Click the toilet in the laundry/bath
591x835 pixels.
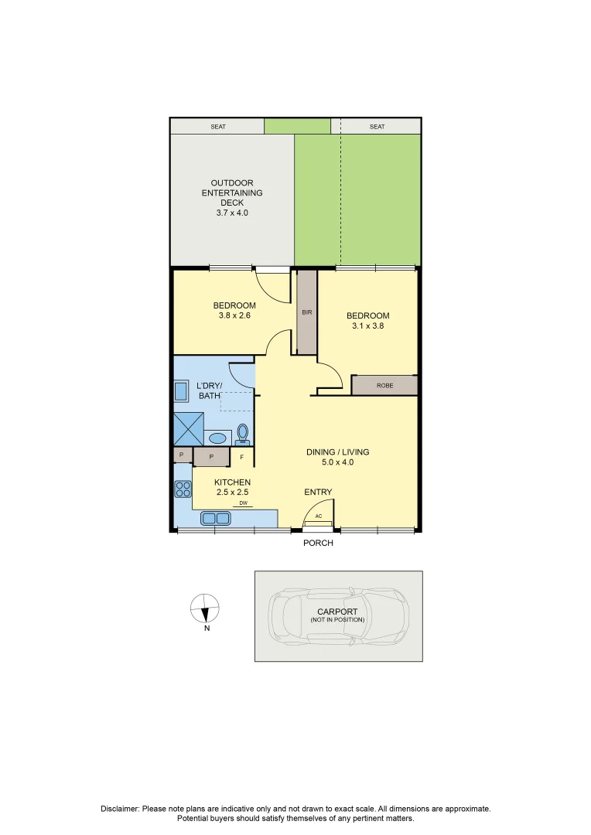point(243,434)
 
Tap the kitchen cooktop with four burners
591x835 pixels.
point(183,489)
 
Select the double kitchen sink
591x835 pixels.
point(215,518)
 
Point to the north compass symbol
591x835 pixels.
point(205,608)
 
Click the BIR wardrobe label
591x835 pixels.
point(307,312)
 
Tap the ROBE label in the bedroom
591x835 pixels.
point(384,386)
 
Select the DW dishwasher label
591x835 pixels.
point(243,503)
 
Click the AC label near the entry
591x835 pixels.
point(319,516)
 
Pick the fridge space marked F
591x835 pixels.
point(242,457)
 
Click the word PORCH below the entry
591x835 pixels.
point(318,543)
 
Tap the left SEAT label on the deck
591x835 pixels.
point(218,127)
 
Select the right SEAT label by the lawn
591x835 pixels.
point(377,127)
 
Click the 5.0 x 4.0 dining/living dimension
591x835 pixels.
point(337,462)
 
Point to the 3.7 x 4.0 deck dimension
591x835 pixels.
point(232,213)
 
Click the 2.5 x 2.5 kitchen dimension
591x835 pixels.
point(232,492)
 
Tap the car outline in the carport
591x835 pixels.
point(339,616)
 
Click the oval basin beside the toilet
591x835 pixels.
point(217,438)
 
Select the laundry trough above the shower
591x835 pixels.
point(180,392)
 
